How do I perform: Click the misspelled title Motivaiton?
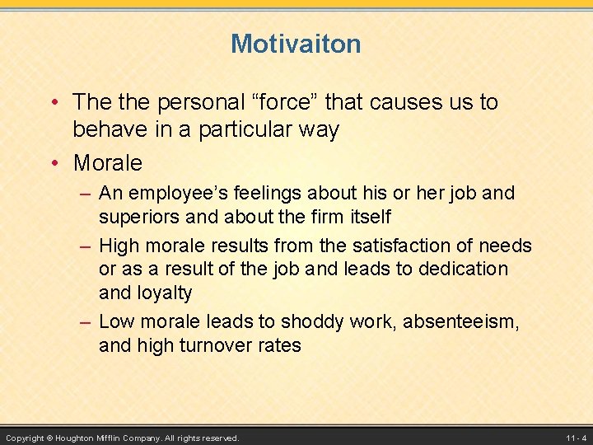pyautogui.click(x=296, y=44)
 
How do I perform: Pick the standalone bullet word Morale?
pyautogui.click(x=107, y=163)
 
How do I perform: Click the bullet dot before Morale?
pyautogui.click(x=55, y=163)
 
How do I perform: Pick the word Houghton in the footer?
pyautogui.click(x=81, y=438)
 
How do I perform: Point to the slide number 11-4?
pyautogui.click(x=576, y=438)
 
